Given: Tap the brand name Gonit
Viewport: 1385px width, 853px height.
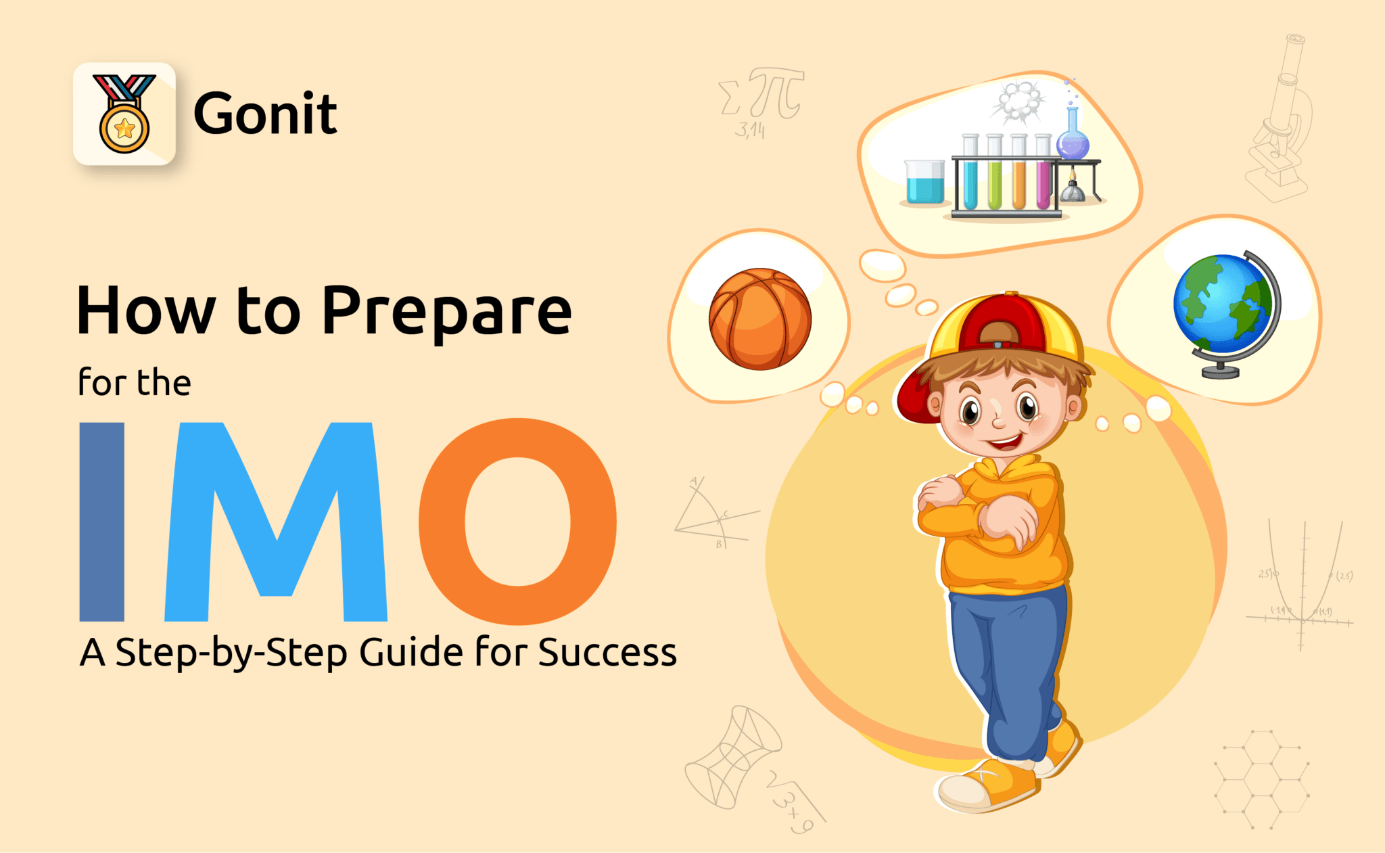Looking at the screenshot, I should coord(265,114).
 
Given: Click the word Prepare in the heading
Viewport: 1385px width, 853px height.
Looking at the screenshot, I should coord(446,311).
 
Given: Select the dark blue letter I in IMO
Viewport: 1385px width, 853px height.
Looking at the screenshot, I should coord(102,522).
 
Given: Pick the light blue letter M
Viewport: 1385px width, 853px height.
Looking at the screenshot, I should coord(276,522).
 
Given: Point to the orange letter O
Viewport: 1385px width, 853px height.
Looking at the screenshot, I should coord(518,522).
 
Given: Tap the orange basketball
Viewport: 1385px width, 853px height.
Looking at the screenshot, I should coord(759,319).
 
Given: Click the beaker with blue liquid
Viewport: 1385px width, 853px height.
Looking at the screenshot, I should coord(924,183).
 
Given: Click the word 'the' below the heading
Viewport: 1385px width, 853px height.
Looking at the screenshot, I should coord(164,383).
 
